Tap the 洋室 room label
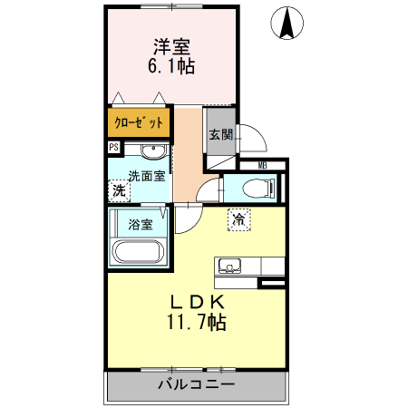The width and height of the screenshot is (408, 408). point(171,45)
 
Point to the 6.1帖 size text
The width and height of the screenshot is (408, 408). point(171,66)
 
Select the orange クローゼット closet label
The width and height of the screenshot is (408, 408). point(139,122)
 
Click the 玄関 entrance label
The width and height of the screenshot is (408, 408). point(220,134)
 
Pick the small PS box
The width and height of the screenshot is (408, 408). point(113,147)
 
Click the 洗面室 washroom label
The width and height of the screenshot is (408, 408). point(144,176)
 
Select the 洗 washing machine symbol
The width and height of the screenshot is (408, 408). point(118,190)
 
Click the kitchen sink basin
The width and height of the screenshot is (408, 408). point(228,266)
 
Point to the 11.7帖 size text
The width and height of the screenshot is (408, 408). point(196,322)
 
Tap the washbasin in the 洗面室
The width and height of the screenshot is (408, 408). point(153,151)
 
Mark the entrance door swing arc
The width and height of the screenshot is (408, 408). point(254,136)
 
